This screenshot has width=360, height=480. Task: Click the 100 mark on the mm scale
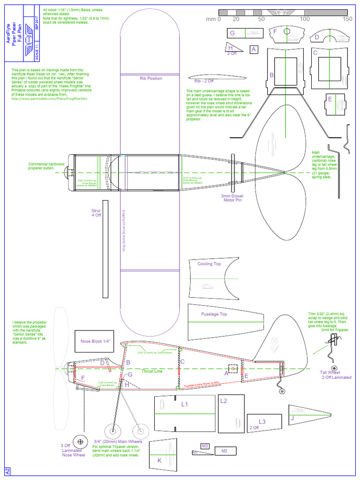click(305, 19)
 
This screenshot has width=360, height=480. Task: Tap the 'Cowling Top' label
click(209, 264)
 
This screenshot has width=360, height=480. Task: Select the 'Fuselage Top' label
click(214, 314)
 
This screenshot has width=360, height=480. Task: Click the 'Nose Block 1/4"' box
click(96, 342)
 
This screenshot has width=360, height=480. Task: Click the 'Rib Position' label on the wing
click(151, 78)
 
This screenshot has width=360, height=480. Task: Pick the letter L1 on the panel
click(184, 404)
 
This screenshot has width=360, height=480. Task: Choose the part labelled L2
click(223, 401)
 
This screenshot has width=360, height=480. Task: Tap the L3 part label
click(262, 422)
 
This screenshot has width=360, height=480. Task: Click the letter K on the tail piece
click(159, 461)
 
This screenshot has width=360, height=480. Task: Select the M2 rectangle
click(224, 451)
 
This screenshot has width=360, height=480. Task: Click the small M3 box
click(205, 446)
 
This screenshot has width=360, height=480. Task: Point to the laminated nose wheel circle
click(81, 441)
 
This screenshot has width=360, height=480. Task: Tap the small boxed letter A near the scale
click(254, 49)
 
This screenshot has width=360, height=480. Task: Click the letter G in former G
click(232, 33)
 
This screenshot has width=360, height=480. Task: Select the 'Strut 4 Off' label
click(96, 213)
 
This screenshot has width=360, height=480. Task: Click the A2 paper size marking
click(7, 471)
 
